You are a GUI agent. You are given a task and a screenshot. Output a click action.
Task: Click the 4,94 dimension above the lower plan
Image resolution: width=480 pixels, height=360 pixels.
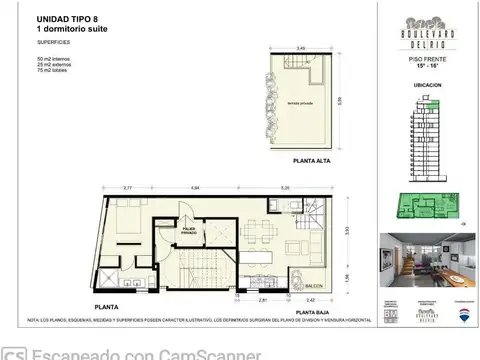pos(196,188)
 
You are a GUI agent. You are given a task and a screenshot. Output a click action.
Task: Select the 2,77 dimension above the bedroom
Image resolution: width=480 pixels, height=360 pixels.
pos(128,188)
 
